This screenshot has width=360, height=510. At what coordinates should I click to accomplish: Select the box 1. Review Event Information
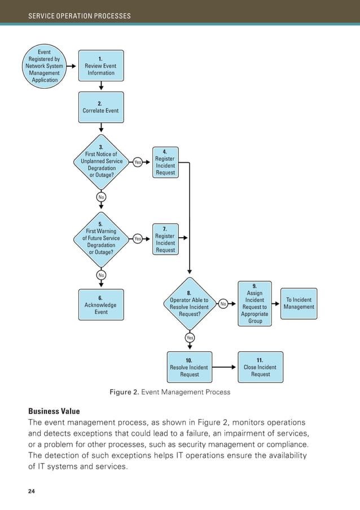100,66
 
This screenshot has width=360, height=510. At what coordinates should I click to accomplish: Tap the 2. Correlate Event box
100,107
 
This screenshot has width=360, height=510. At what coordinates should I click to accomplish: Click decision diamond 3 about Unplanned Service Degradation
101,161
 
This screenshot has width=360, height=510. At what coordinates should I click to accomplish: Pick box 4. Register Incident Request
165,162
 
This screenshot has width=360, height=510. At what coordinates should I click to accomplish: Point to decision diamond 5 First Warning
101,238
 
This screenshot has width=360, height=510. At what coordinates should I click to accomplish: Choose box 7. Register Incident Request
165,239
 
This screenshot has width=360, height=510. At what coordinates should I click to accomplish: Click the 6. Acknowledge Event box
100,304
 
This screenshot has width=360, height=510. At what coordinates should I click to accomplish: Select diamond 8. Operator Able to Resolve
189,304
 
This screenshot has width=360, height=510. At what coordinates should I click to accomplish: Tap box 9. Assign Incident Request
254,304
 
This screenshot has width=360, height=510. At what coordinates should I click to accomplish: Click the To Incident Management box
298,304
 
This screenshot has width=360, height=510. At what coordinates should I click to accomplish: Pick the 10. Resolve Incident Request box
189,367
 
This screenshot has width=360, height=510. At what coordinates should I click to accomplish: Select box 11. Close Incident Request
260,367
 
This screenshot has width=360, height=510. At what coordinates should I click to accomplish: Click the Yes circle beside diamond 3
138,162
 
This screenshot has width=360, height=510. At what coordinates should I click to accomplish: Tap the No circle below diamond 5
101,275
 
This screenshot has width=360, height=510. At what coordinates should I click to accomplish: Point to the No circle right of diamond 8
223,304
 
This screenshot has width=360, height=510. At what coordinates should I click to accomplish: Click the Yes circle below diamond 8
190,338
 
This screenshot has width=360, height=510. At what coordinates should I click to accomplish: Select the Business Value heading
54,411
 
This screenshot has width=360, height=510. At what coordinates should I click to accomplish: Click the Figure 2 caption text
169,392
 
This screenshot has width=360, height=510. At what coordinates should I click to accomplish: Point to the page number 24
32,491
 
